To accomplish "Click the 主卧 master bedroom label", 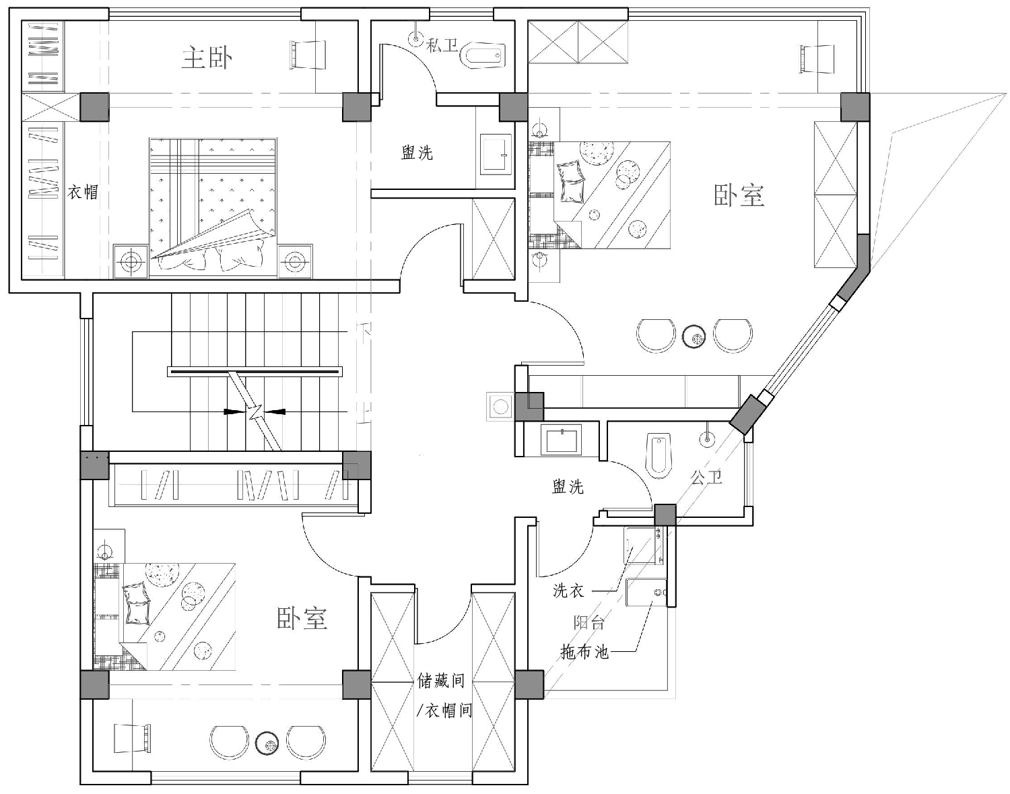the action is pos(207,58).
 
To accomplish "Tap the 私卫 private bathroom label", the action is pos(442,45).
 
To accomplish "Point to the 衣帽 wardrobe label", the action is pos(83,191).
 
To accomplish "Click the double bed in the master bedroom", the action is pos(213,207).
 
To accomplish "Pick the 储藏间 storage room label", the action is pos(441,681).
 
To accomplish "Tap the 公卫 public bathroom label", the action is pos(706,477).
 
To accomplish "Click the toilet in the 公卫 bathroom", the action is pos(659,456).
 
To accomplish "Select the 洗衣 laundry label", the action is pos(568,591).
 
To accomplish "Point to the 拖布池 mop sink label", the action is pos(584,651).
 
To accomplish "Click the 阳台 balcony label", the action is pos(588,622).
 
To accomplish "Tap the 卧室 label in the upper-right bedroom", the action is pos(739,195).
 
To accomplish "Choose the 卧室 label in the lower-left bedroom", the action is pos(302,618).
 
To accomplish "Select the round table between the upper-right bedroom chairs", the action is pos(694,337).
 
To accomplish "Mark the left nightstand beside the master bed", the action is pos(131,261).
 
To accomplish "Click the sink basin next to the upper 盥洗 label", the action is pos(496,154).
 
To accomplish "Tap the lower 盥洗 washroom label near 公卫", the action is pos(568,487).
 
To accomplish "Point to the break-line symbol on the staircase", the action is pos(255,411).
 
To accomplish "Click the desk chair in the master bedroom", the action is pos(307,55).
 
